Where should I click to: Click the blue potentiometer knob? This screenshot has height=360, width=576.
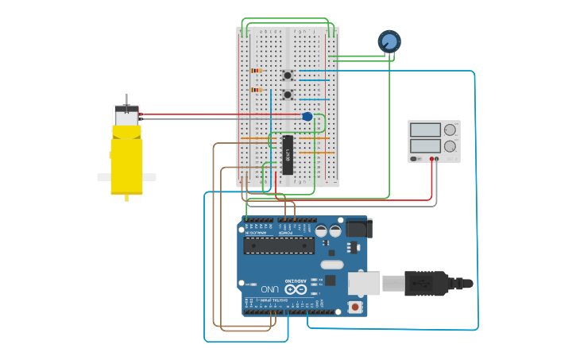389,41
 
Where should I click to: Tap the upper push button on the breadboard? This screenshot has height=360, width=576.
287,75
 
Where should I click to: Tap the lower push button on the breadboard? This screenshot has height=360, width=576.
287,95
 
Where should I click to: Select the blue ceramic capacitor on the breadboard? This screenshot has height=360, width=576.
307,117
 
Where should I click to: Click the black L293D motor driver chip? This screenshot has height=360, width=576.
288,154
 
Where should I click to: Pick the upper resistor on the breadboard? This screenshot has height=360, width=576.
256,71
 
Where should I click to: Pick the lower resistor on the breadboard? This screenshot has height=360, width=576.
256,90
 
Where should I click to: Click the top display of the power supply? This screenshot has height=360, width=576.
425,130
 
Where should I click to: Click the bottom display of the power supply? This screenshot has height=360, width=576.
425,146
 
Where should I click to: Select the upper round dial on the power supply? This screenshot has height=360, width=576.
450,130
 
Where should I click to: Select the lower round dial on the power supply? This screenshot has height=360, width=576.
450,146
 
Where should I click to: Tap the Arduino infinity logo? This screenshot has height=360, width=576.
296,289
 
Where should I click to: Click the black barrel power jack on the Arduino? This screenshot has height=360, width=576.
358,229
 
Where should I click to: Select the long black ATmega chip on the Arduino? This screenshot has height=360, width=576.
279,245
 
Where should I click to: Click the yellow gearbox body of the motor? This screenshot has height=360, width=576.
126,165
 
